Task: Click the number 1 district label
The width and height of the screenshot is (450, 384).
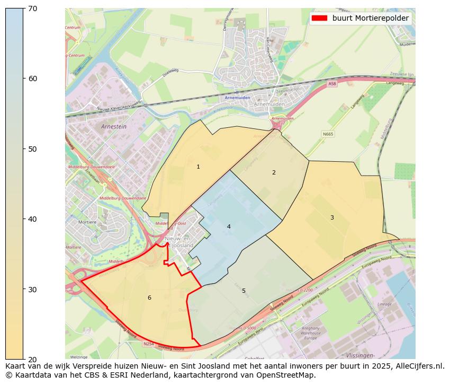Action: (198, 167)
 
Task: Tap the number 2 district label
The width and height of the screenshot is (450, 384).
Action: (274, 172)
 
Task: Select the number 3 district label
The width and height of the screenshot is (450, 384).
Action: (332, 217)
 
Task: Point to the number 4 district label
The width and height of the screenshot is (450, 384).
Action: (229, 226)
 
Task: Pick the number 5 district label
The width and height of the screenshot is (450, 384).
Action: (244, 291)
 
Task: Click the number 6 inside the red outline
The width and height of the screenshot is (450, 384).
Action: (149, 298)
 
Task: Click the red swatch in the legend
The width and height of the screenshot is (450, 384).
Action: (320, 18)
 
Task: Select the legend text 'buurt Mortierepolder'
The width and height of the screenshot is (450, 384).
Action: (370, 18)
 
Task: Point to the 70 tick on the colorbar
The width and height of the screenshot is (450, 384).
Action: (33, 8)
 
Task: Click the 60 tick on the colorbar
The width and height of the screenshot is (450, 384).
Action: (33, 78)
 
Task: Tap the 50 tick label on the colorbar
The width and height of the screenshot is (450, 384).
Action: (33, 149)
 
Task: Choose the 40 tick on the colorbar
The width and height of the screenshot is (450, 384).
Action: (33, 219)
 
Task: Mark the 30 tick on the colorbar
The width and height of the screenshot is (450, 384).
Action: (33, 289)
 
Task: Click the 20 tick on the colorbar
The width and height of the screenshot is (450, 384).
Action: (33, 359)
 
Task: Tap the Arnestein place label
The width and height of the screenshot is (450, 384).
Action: (114, 127)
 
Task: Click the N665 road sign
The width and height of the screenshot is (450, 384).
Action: (328, 134)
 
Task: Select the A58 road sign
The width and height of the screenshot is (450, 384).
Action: (332, 84)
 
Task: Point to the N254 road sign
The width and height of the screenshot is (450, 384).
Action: (148, 344)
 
